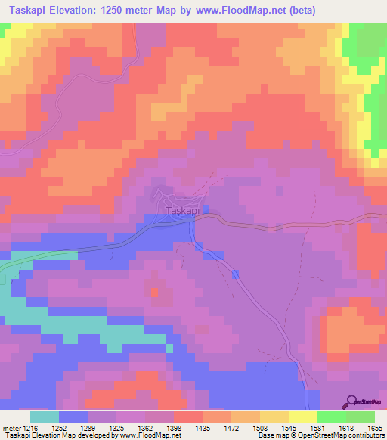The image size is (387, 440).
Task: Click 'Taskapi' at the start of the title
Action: coord(26,10)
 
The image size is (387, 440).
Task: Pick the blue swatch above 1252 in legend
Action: coord(73,417)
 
